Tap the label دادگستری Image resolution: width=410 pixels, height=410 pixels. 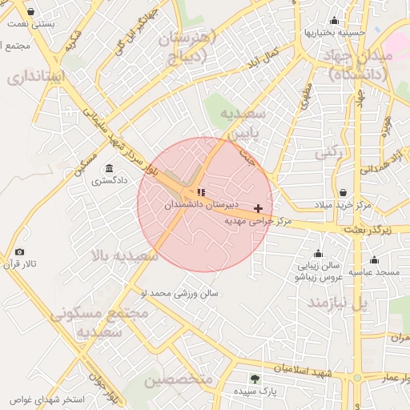108,181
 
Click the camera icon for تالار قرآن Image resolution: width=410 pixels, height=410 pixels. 20,251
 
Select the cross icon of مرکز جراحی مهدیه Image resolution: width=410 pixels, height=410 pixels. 258,208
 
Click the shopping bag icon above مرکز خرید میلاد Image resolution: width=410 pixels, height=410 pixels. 343,192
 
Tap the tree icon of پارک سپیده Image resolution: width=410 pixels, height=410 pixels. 255,379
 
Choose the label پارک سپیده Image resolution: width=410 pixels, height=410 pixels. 255,392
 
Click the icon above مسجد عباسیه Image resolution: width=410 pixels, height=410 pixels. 374,259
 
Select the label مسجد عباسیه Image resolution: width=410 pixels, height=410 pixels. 374,272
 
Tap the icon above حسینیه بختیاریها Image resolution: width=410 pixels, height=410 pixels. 334,21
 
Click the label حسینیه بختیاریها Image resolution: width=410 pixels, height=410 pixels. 334,34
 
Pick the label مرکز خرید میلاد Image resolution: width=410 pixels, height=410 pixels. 342,205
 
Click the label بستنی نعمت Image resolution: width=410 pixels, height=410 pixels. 31,24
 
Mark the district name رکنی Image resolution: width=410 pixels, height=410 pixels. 329,151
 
